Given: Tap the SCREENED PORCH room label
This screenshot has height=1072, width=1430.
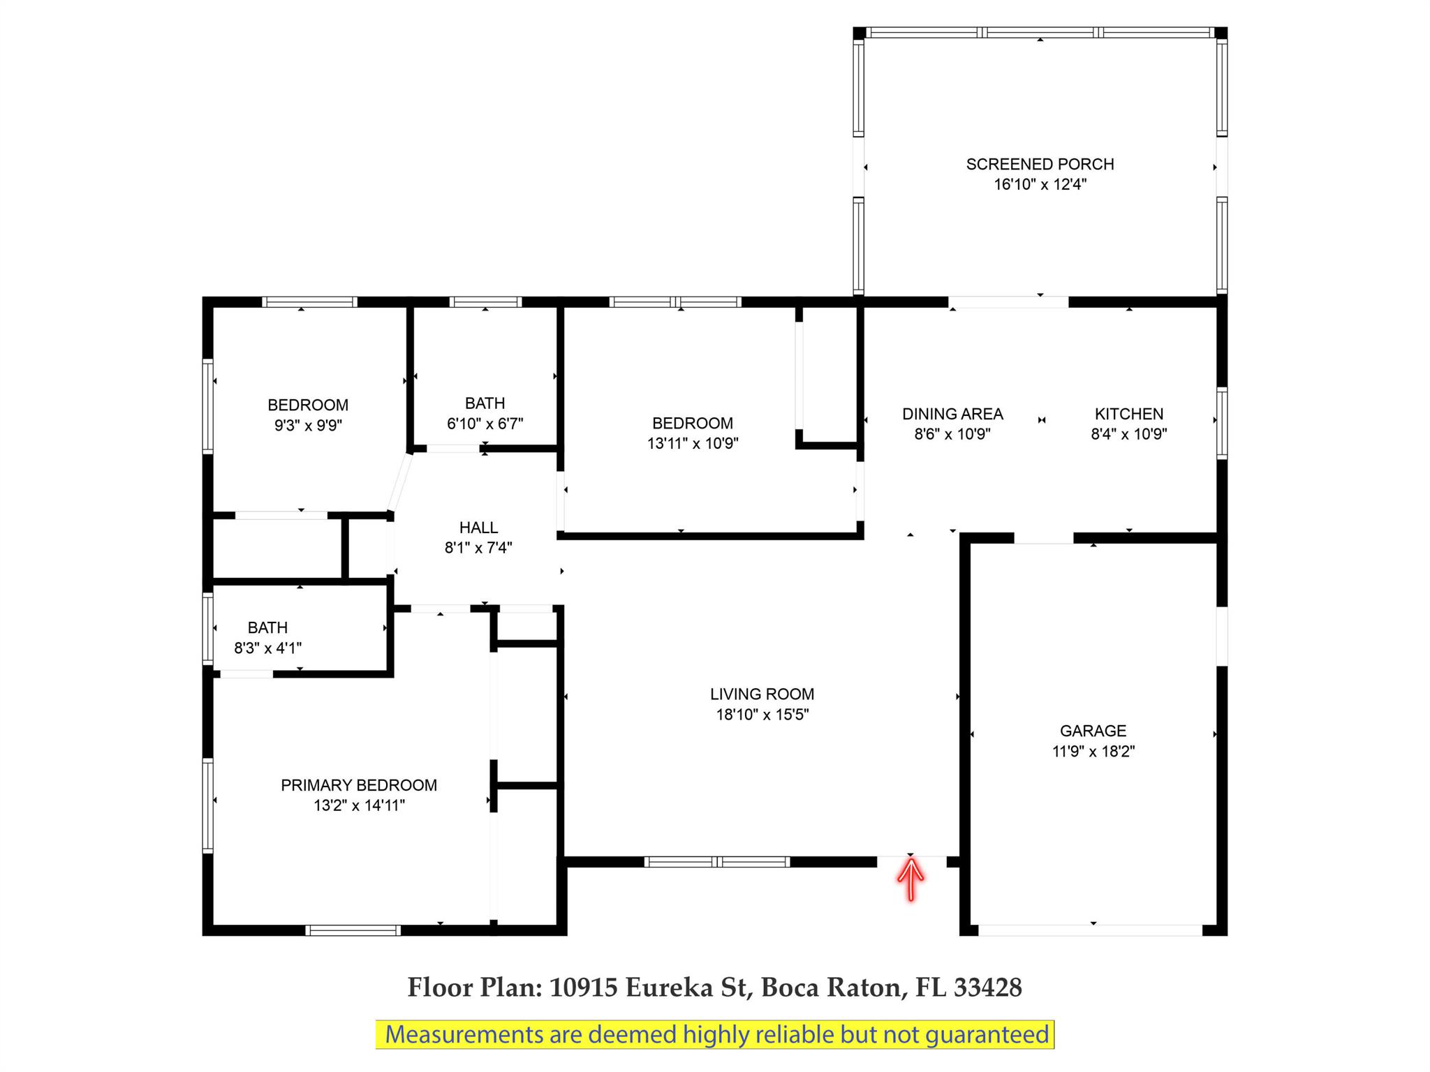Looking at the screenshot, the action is coord(1040,164).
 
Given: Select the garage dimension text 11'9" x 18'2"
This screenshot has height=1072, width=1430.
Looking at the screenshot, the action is coord(1093,751).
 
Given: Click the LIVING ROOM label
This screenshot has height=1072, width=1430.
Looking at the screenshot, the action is coord(762,694).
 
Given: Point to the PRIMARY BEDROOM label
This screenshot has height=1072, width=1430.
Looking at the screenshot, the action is coord(359,785).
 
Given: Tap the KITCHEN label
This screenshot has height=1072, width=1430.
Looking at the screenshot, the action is coord(1129,414).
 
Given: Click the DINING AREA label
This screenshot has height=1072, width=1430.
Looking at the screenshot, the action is coord(952,414).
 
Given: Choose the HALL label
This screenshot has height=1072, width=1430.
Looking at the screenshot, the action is coord(478,528).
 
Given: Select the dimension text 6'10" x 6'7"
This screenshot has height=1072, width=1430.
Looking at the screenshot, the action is coord(485,424).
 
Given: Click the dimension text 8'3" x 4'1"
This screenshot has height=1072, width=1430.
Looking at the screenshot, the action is coord(267,648).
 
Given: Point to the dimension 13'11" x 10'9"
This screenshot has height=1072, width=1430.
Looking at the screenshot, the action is coord(693,443).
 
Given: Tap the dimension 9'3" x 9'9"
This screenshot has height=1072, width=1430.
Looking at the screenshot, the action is coord(308,425).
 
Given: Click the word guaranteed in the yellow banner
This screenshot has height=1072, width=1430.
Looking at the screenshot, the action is coord(987,1034).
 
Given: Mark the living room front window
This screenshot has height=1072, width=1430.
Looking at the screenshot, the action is coord(717,862).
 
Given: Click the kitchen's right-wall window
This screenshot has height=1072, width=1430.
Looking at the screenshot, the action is coord(1222,423).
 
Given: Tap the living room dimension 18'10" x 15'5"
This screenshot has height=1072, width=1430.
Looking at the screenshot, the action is coord(762,714).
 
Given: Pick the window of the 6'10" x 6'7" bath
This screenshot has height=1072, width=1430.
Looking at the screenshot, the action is coord(485,302).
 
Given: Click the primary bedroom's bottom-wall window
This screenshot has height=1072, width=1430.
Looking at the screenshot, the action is coord(353,930).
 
